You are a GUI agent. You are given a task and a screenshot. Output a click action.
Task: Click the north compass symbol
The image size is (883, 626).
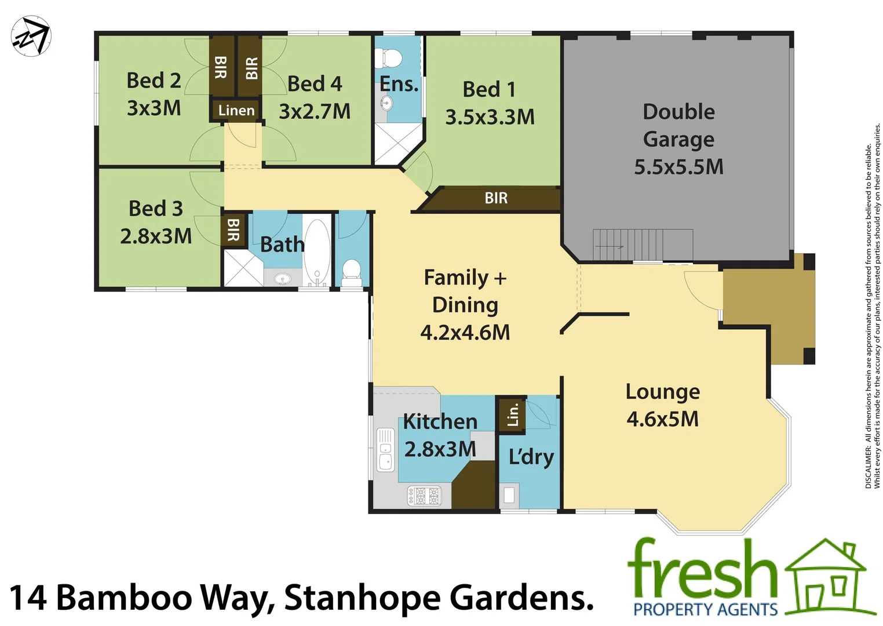point(31,37)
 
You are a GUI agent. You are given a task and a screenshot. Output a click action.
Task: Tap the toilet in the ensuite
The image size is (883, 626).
point(389,58)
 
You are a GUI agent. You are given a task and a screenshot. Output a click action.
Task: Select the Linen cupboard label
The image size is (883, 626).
point(236,110)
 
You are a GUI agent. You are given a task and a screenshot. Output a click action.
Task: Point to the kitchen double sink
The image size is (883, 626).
point(385,449)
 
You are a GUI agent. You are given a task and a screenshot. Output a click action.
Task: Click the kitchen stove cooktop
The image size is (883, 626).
point(425,496)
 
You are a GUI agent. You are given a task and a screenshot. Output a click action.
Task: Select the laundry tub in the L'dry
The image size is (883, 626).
point(509,496)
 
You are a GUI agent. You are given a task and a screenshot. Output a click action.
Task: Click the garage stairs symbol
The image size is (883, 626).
point(642,245)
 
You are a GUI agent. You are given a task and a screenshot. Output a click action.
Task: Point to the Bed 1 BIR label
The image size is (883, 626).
point(496,198)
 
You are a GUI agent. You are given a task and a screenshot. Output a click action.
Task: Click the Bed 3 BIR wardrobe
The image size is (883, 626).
point(233,230)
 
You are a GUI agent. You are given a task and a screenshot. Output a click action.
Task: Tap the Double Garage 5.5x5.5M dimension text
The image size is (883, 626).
point(678,167)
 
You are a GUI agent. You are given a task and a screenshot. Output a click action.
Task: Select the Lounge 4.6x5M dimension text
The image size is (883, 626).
point(662,419)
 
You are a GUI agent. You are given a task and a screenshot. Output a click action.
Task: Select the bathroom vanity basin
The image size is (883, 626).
point(283,279)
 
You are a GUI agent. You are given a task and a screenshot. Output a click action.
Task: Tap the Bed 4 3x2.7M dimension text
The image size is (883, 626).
point(315,111)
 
